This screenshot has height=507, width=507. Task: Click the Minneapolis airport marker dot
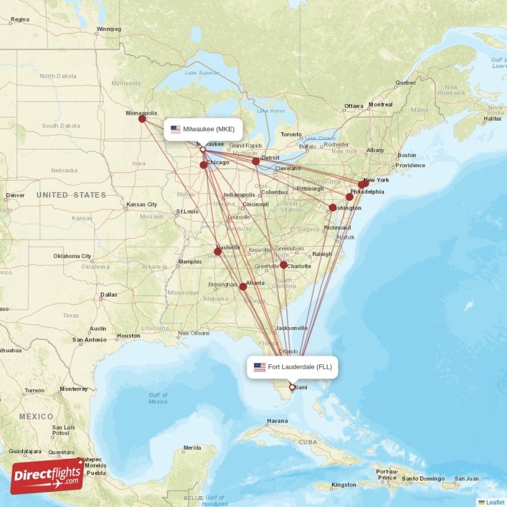click(x=142, y=119)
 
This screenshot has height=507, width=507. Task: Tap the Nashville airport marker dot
click(x=217, y=252)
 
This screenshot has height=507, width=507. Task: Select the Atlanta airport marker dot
click(x=243, y=286)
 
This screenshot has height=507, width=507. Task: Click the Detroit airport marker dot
click(x=256, y=162)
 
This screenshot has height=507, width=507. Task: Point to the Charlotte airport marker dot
click(x=283, y=265)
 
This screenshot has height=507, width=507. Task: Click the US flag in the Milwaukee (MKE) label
click(x=176, y=129)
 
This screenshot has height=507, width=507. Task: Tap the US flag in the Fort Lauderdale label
click(x=259, y=367)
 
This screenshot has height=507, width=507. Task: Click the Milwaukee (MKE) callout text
click(x=209, y=129)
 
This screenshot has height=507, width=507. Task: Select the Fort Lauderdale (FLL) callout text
click(x=299, y=367)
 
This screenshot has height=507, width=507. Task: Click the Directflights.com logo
click(x=48, y=476)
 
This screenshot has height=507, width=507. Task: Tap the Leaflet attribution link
click(x=494, y=502)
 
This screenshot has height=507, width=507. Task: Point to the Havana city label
click(x=277, y=421)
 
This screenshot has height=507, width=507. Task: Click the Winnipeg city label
click(x=108, y=29)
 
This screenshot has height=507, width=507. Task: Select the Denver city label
click(x=14, y=195)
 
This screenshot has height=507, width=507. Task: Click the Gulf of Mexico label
click(x=158, y=398)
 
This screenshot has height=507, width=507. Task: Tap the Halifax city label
click(x=492, y=119)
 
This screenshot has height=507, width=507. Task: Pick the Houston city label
click(x=128, y=336)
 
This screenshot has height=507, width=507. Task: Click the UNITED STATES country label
click(x=71, y=195)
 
